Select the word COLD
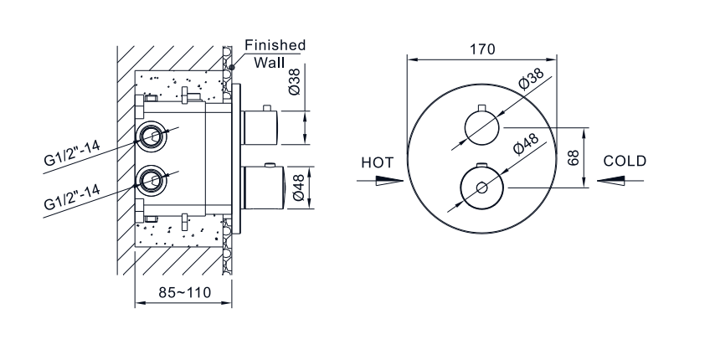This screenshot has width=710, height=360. pyautogui.click(x=624, y=161)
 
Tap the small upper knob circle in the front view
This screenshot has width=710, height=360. pyautogui.click(x=481, y=128)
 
